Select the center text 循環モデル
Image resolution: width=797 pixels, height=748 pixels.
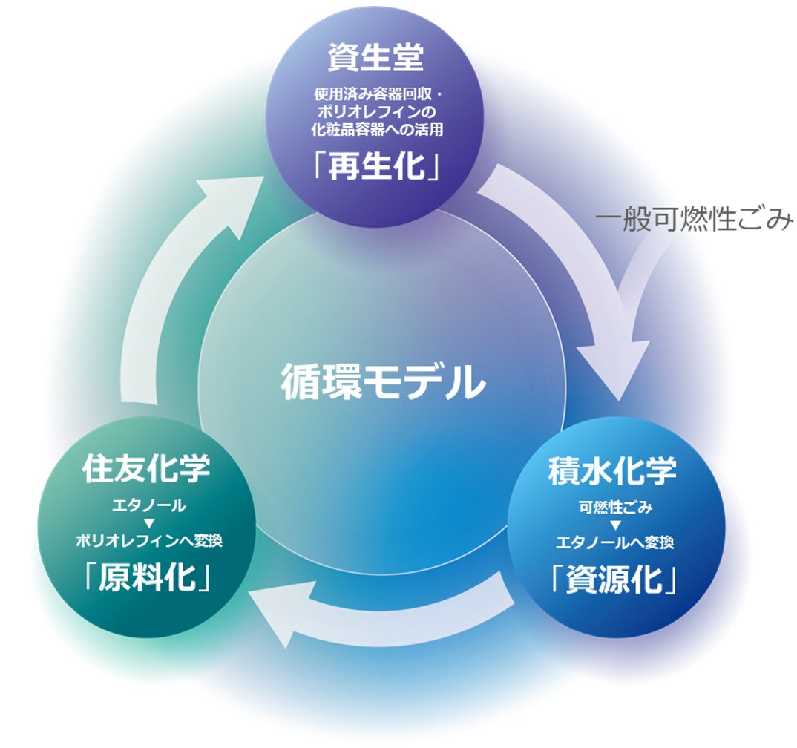[383, 383]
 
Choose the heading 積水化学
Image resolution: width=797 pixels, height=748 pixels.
[613, 472]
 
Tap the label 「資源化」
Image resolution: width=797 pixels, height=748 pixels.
[614, 580]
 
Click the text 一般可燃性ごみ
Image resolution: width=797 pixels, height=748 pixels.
[694, 220]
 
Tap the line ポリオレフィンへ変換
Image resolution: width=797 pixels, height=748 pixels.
[148, 541]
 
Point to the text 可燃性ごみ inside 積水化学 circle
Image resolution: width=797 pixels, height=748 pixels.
[614, 508]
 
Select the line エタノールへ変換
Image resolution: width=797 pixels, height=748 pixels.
[614, 542]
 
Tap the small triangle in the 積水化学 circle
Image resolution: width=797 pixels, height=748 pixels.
[614, 525]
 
